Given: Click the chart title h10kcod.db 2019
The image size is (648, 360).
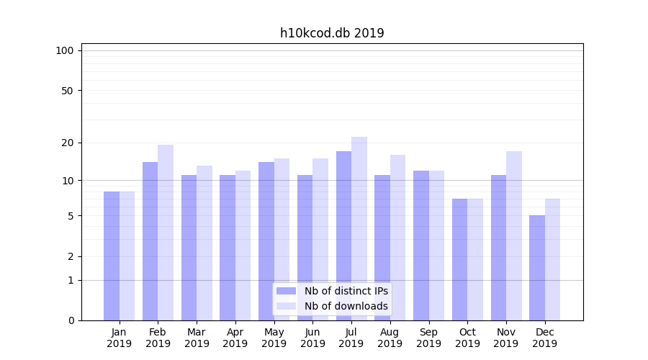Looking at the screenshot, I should tap(332, 33).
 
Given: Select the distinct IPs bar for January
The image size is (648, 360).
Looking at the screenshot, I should tap(112, 256).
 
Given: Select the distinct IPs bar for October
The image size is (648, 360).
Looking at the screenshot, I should tap(460, 259).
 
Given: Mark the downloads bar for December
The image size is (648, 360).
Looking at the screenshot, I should tap(553, 259).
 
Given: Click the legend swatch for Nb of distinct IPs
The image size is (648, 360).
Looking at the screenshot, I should tap(287, 291).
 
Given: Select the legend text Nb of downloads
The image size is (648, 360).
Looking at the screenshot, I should tap(346, 306).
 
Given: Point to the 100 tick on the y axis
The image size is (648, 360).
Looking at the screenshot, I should tap(65, 50).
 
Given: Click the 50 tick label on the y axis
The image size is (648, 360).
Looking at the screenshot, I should tap(68, 91).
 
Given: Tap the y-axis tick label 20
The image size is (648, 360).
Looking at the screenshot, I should tap(68, 143).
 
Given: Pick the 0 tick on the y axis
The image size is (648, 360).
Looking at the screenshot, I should tap(71, 320).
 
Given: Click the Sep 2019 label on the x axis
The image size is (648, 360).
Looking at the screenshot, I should tap(428, 338).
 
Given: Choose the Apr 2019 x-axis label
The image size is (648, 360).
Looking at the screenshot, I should tap(235, 338).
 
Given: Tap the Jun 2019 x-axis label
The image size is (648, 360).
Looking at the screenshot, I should tap(312, 338).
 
